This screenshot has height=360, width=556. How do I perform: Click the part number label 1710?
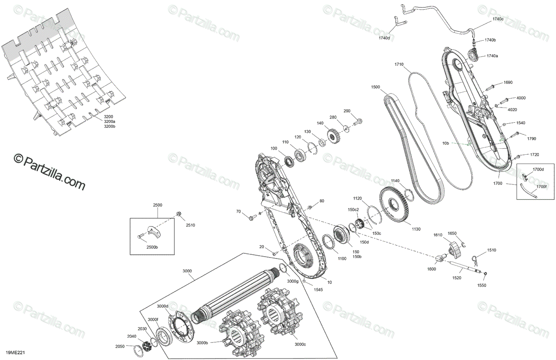(x=399, y=64)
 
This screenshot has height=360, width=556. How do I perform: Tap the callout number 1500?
(x=375, y=87)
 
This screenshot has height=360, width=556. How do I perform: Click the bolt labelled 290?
(x=358, y=123)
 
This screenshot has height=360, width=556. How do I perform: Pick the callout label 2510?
(x=190, y=225)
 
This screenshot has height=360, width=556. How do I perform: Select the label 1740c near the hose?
(x=498, y=19)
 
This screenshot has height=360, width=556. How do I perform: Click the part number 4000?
(x=521, y=98)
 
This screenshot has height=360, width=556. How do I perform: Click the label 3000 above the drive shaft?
(x=187, y=271)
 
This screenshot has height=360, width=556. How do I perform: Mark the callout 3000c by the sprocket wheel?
(x=300, y=344)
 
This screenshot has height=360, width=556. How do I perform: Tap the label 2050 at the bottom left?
(x=120, y=347)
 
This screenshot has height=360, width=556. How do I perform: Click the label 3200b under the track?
(x=110, y=126)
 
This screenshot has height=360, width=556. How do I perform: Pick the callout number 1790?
(x=531, y=138)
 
